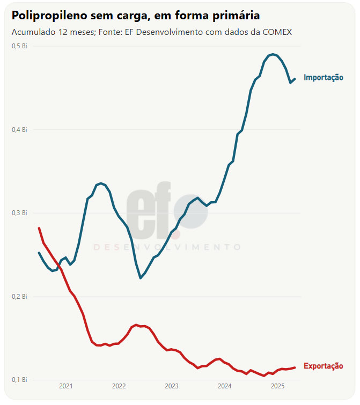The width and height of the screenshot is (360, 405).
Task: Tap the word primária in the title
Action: (x=237, y=16)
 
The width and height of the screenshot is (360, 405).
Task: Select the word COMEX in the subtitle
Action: (x=277, y=32)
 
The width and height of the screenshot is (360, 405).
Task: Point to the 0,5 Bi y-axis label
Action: (x=19, y=46)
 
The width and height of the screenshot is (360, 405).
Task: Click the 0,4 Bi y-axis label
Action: (x=19, y=130)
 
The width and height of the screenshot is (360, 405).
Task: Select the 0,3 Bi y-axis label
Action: (x=19, y=213)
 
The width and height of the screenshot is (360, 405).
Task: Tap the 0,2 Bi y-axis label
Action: (x=19, y=297)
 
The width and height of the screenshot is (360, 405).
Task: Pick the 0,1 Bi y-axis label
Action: (x=19, y=380)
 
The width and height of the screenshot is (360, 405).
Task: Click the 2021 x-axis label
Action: (x=66, y=386)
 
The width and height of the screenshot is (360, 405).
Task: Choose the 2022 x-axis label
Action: (x=119, y=386)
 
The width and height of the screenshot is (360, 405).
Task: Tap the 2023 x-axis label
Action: (x=172, y=386)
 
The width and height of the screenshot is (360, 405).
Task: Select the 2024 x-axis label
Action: (x=225, y=386)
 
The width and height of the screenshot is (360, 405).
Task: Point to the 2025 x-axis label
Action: (x=277, y=386)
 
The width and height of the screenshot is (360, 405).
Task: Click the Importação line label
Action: (x=323, y=78)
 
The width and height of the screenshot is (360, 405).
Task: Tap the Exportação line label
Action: (x=323, y=366)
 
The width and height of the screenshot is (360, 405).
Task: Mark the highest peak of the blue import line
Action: (x=273, y=54)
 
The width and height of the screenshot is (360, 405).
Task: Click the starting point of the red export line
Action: (x=39, y=228)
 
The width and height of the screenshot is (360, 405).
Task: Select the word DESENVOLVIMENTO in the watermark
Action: (x=167, y=247)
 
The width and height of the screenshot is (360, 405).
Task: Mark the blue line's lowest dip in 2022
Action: (x=141, y=278)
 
